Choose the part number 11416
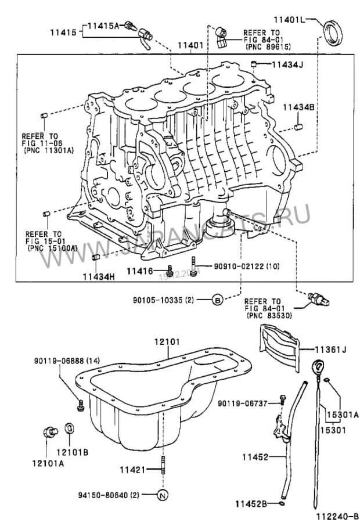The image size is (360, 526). point(139,271)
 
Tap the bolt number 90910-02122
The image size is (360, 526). point(228,266)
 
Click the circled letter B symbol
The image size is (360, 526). point(217,300)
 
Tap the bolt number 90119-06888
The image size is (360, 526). point(62,361)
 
